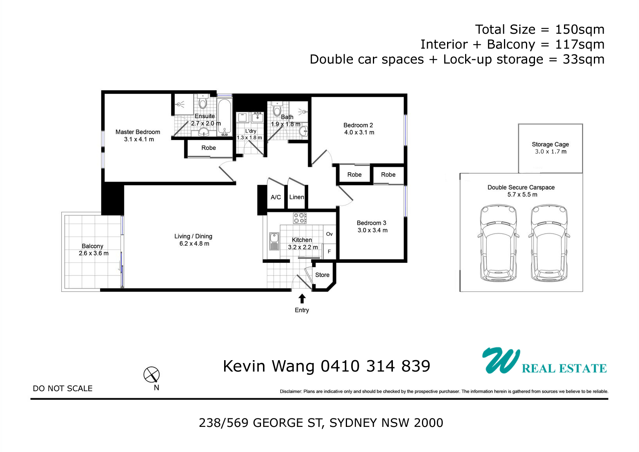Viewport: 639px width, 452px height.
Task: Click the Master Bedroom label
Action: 138,132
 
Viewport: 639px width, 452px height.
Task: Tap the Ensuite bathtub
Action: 225,117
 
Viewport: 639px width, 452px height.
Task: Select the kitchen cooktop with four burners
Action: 300,218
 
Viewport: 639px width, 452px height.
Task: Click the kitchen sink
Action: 274,241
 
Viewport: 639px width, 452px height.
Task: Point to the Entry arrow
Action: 302,299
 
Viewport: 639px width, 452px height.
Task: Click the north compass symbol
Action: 152,374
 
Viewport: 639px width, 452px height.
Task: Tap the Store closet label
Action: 322,275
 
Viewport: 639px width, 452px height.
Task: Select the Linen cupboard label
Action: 296,197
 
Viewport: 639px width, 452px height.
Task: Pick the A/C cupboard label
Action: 276,197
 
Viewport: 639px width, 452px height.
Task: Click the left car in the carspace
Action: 498,242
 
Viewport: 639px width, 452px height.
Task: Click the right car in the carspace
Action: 549,242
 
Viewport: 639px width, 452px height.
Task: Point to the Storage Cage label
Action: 550,144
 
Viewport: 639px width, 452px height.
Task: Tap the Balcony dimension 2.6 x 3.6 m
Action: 93,253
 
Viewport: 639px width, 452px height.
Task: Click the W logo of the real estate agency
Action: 501,360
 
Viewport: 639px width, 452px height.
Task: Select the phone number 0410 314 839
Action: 375,366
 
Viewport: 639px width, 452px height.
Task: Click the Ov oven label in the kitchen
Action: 329,234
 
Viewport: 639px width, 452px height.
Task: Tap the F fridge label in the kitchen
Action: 329,252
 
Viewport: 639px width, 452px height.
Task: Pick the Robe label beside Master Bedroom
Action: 208,148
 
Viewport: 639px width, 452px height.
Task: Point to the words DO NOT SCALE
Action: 63,388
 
